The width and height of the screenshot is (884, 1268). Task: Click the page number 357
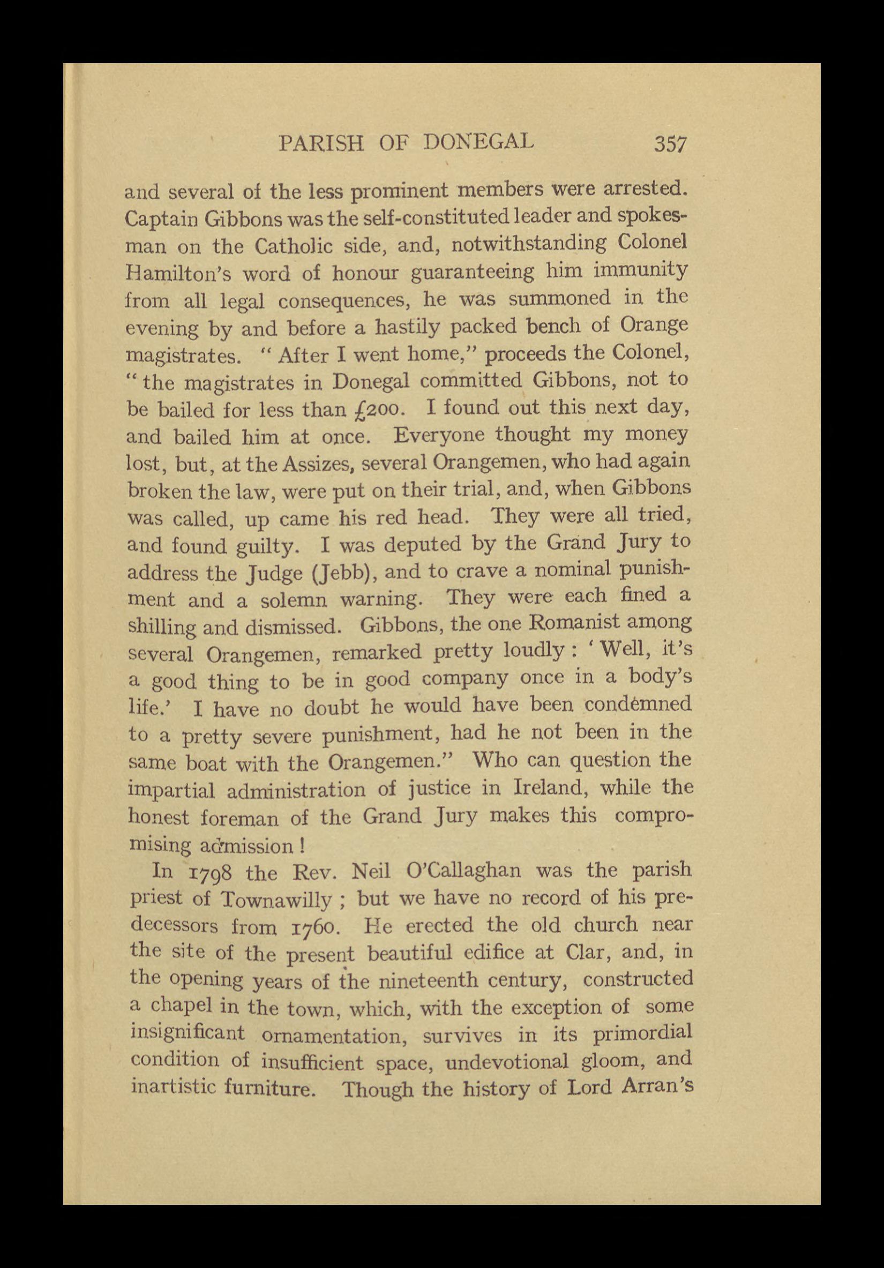click(670, 145)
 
